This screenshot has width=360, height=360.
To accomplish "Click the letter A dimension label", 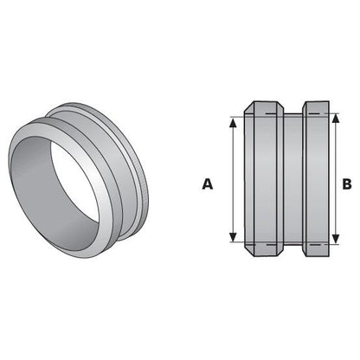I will coord(206,183).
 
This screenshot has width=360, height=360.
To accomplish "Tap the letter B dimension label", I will coord(346,183).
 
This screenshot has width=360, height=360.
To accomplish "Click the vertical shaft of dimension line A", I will coord(233,183).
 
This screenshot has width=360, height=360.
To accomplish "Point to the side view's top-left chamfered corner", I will coord(247,108).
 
